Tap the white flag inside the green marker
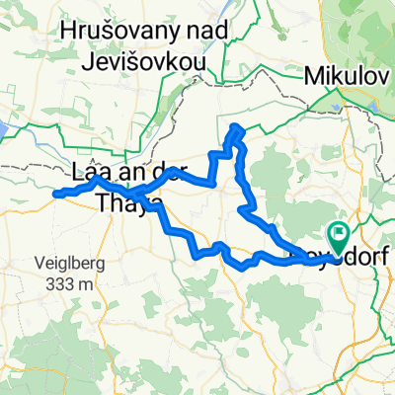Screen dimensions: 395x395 click(339, 236)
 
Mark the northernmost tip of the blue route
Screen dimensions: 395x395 click(235, 126)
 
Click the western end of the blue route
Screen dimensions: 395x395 click(53, 194)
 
